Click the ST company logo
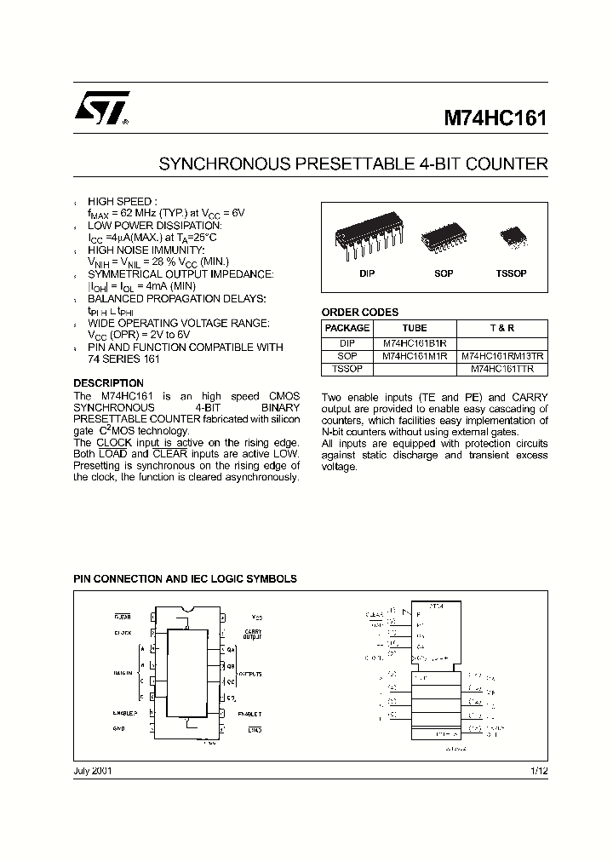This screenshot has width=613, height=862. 100,110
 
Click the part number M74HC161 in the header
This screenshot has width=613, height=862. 496,118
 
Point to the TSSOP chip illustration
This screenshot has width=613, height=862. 512,234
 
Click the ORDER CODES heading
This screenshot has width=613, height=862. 359,313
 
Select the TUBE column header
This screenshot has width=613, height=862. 415,328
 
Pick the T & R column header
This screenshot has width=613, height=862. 503,328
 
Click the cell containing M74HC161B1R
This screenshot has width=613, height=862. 415,342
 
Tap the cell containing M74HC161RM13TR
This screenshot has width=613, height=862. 503,356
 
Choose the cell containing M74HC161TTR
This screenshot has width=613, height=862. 503,370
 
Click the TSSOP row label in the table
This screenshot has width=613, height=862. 347,370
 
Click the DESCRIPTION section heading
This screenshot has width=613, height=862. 108,383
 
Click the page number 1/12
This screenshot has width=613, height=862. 540,771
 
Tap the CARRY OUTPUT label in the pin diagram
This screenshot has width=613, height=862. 253,634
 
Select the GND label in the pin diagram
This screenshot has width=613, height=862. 120,729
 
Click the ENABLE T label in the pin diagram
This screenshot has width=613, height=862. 249,714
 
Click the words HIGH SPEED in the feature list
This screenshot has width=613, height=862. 123,201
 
